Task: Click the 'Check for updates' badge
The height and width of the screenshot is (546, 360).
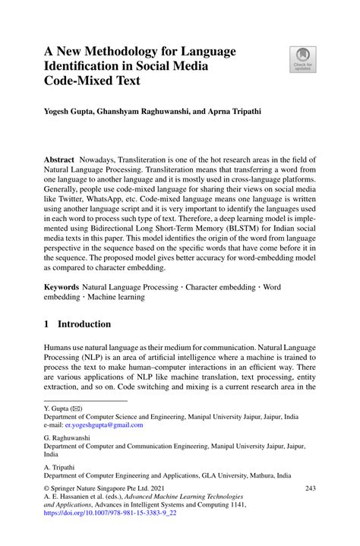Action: [x=302, y=58]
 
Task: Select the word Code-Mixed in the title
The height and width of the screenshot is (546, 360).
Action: [x=84, y=85]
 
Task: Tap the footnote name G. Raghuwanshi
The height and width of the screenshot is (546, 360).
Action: [x=70, y=439]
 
